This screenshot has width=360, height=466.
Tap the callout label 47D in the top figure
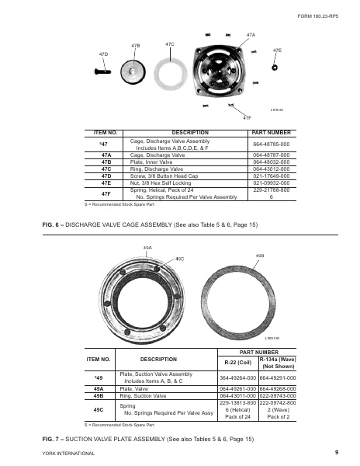point(104,54)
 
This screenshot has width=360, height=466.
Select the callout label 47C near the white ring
point(169,45)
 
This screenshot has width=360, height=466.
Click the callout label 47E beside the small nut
point(277,50)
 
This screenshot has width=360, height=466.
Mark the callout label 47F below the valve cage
point(247,117)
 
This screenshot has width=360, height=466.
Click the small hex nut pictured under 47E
point(276,68)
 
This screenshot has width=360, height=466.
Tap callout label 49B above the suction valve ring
point(260,254)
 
